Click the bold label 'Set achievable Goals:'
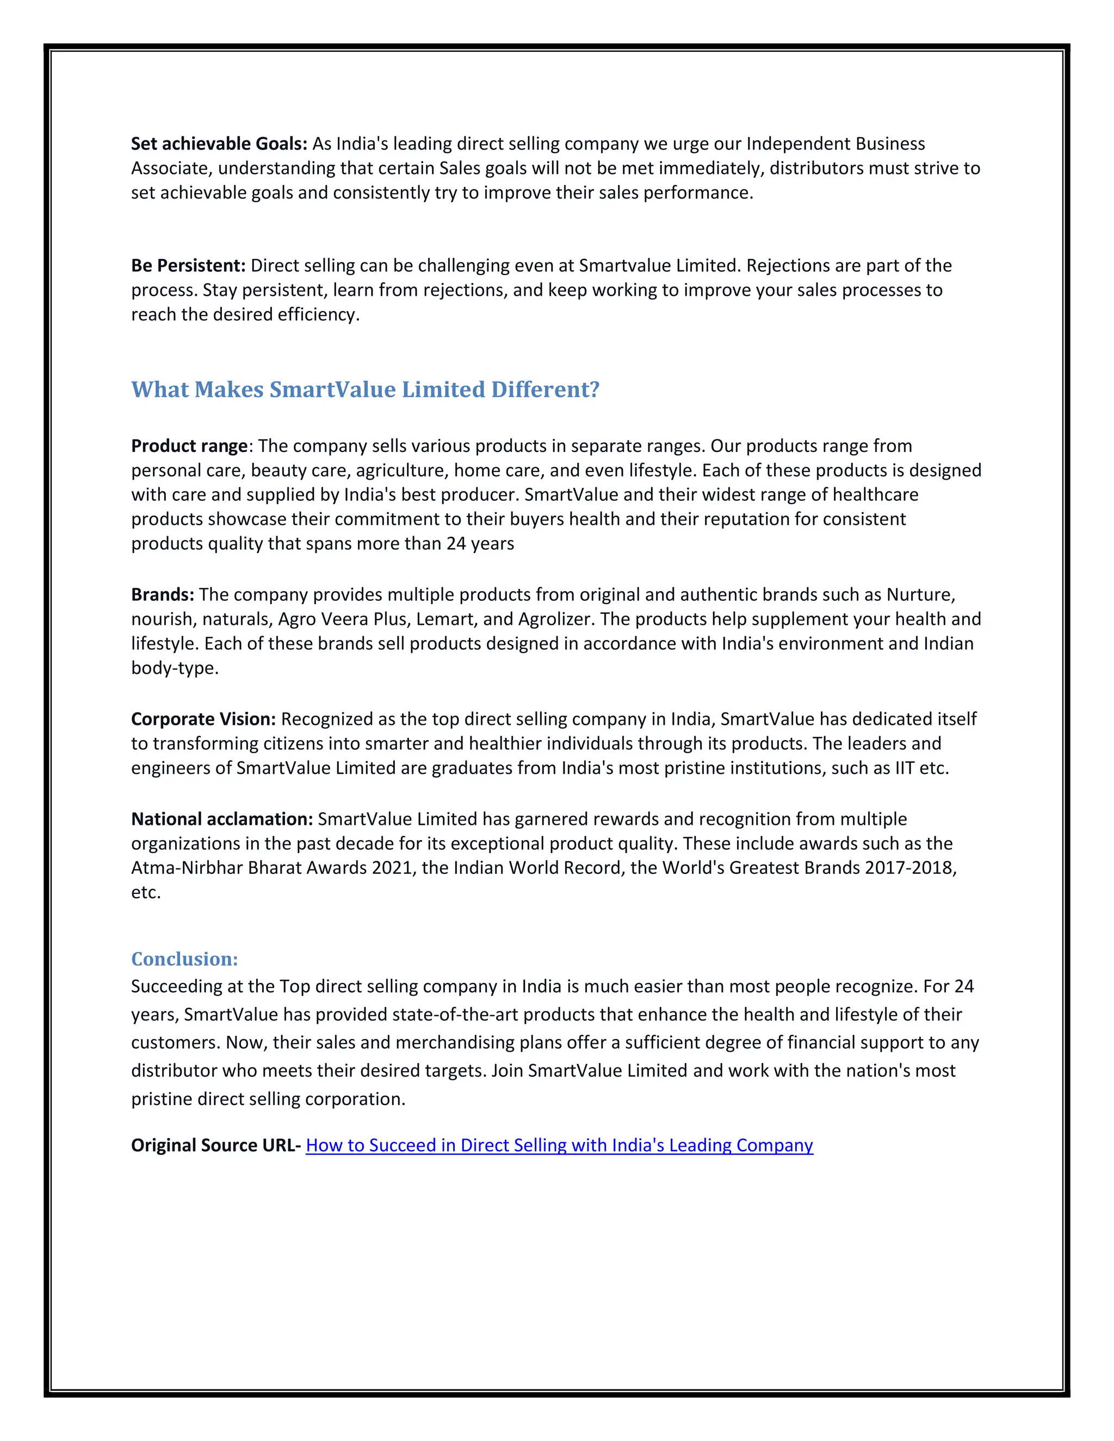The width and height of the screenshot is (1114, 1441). click(x=219, y=144)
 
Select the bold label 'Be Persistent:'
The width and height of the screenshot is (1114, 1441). click(x=188, y=266)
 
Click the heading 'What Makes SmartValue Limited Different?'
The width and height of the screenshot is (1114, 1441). click(x=365, y=389)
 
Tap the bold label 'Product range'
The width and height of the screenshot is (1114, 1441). click(x=189, y=446)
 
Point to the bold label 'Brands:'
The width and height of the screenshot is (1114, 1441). click(x=162, y=595)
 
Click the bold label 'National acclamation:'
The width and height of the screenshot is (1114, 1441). click(x=222, y=819)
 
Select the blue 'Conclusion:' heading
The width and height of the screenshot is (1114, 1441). click(x=184, y=959)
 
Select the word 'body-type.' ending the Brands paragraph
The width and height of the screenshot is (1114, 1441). click(x=174, y=668)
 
